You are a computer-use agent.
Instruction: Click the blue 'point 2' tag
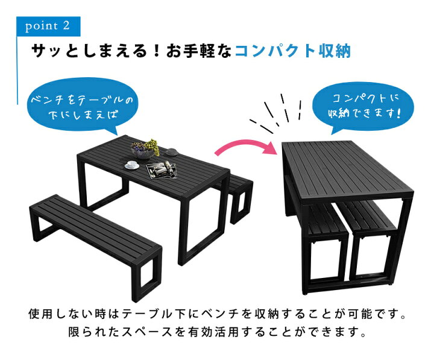tap(48, 27)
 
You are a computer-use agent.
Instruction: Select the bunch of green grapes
tap(152, 147)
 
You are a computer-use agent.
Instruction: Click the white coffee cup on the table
tap(132, 165)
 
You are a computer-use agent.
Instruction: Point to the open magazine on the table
tap(162, 169)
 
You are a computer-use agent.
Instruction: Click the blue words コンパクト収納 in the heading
tap(293, 51)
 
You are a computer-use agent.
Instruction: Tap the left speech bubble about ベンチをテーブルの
tap(81, 107)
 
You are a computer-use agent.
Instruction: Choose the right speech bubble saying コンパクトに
tap(363, 107)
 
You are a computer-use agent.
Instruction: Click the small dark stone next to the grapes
tap(172, 152)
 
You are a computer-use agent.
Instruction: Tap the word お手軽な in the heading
tap(199, 51)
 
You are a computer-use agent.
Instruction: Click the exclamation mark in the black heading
tap(157, 51)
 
